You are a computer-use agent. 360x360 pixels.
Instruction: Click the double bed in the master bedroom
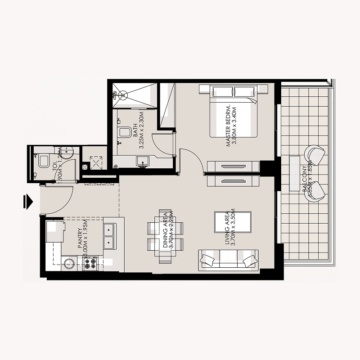click(x=233, y=112)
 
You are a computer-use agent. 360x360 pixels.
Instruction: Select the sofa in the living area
click(x=228, y=260)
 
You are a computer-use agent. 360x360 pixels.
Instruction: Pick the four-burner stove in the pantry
click(x=90, y=263)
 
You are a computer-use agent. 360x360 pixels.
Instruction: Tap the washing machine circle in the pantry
click(x=70, y=263)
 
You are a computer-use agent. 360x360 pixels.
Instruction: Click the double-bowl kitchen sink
click(x=109, y=236)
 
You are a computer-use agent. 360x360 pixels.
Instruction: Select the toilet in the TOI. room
click(x=43, y=161)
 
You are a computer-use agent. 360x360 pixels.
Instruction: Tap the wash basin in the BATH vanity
click(x=143, y=161)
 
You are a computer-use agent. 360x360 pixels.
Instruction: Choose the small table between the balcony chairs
click(x=296, y=173)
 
